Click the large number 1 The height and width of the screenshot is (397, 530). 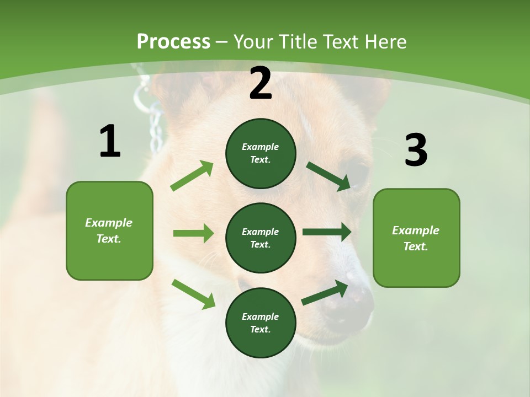[x=110, y=142]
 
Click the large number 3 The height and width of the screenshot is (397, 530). [x=416, y=151]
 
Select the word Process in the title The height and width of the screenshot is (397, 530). [x=173, y=41]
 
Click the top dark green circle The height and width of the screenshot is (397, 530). [x=261, y=153]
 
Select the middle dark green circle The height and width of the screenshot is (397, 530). [x=261, y=238]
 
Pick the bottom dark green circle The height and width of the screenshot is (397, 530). [x=261, y=323]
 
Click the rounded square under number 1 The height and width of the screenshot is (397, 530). [x=109, y=230]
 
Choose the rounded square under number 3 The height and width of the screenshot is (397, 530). [x=416, y=238]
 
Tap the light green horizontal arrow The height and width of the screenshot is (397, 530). [x=193, y=233]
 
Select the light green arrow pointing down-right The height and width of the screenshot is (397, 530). [x=194, y=294]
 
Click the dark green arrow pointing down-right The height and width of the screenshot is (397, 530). [x=328, y=176]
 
